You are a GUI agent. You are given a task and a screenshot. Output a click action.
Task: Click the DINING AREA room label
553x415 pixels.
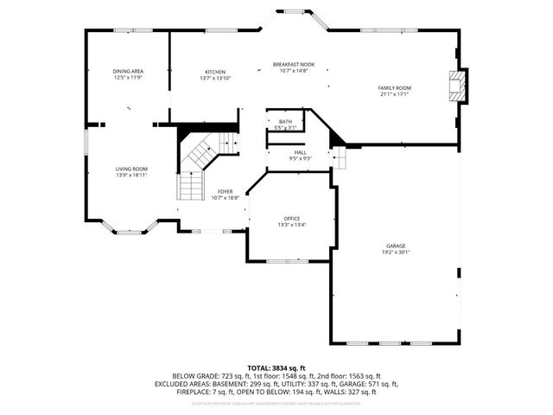(128, 71)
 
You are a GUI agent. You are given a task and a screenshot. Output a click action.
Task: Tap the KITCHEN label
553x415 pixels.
(215, 72)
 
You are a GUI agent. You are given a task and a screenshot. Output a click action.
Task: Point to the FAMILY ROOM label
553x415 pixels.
(394, 88)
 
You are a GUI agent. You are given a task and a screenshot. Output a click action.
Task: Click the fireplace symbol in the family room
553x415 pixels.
(455, 86)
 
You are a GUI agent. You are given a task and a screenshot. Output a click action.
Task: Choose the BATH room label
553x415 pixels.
(285, 122)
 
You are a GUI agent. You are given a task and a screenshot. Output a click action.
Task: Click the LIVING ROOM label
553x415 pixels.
(132, 169)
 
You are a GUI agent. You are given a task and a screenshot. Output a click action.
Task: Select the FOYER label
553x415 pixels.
(225, 191)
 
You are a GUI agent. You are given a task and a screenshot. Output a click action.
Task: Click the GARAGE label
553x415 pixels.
(396, 246)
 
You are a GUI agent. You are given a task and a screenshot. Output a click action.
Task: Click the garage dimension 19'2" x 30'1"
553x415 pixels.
(396, 252)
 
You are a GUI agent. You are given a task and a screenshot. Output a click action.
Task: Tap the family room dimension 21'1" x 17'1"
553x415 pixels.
(394, 94)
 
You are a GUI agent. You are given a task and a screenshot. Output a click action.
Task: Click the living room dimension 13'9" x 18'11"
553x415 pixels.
(132, 175)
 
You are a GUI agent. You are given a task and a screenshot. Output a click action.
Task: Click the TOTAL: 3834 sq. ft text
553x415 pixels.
(276, 367)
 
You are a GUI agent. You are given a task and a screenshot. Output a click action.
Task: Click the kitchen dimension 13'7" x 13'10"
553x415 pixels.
(215, 78)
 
